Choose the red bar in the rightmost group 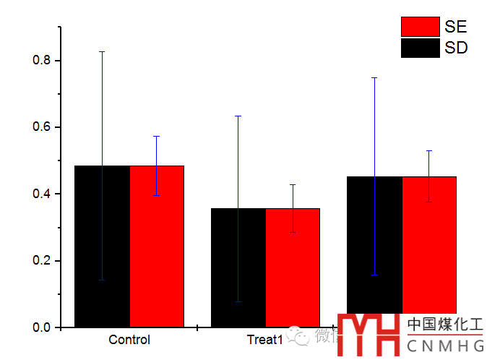(x=429, y=246)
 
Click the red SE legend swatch (x=420, y=27)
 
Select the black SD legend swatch (x=420, y=48)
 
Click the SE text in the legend (x=456, y=27)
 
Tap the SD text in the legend (x=456, y=48)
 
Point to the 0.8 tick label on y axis (x=42, y=61)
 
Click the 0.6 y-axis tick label (x=42, y=127)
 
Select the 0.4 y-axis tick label (x=42, y=194)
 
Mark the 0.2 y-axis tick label (x=42, y=261)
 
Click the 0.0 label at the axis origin (x=42, y=327)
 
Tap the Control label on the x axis (x=129, y=340)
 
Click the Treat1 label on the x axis (x=264, y=340)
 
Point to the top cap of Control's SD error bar (x=102, y=52)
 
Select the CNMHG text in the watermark (x=445, y=346)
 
